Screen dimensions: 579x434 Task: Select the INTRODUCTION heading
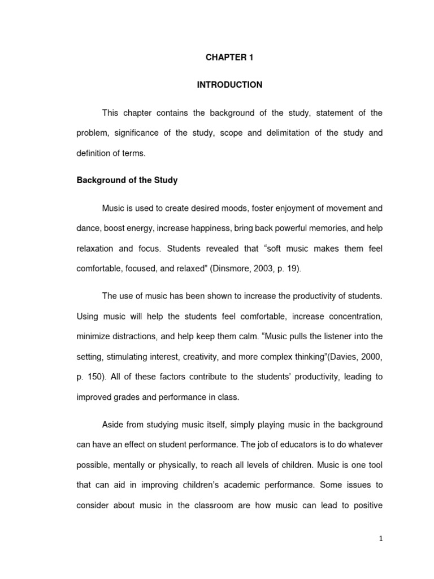[229, 85]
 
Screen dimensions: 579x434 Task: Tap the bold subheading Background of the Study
[127, 180]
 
